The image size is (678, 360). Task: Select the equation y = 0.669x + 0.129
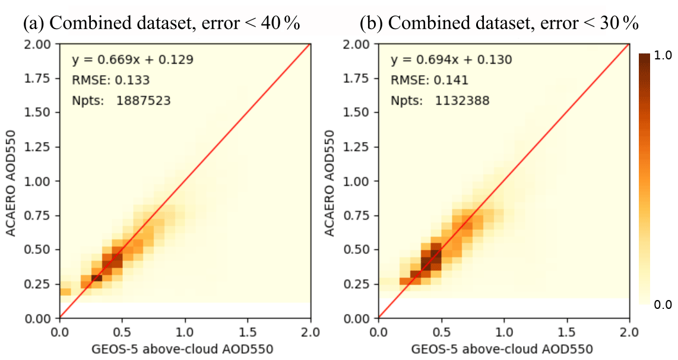tap(133, 60)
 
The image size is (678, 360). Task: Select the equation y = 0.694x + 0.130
tap(451, 60)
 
